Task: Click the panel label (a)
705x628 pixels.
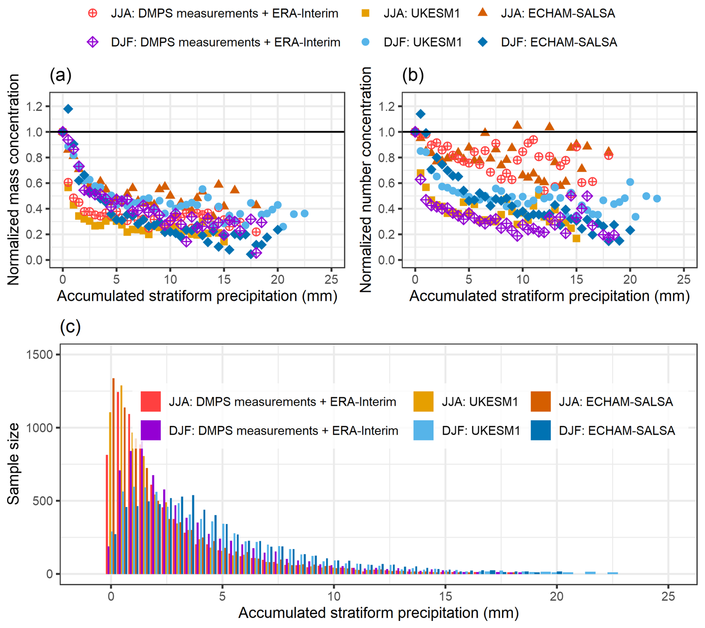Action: click(x=60, y=75)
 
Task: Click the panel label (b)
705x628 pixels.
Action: click(x=413, y=75)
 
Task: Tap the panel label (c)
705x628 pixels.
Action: click(x=70, y=326)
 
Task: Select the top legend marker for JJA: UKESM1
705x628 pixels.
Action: click(x=366, y=13)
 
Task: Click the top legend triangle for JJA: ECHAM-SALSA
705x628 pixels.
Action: click(x=483, y=13)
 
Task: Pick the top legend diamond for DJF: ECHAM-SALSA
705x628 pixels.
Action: click(x=483, y=42)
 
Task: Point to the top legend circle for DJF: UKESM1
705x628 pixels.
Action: click(x=366, y=42)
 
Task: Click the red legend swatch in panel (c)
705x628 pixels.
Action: click(x=151, y=401)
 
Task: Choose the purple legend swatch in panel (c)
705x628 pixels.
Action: click(x=151, y=430)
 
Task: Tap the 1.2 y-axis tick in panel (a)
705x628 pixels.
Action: click(x=34, y=107)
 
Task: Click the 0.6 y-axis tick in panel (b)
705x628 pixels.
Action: click(x=386, y=183)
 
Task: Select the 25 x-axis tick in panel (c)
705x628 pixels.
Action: click(x=668, y=597)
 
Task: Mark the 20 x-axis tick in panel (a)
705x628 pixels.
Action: click(x=278, y=279)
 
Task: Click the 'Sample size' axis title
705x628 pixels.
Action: click(x=13, y=464)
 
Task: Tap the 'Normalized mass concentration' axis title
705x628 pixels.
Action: click(x=13, y=179)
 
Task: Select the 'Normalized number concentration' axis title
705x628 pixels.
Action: click(x=366, y=179)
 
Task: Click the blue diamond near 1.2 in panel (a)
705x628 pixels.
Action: click(x=68, y=109)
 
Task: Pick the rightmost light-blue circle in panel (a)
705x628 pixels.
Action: click(x=304, y=214)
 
